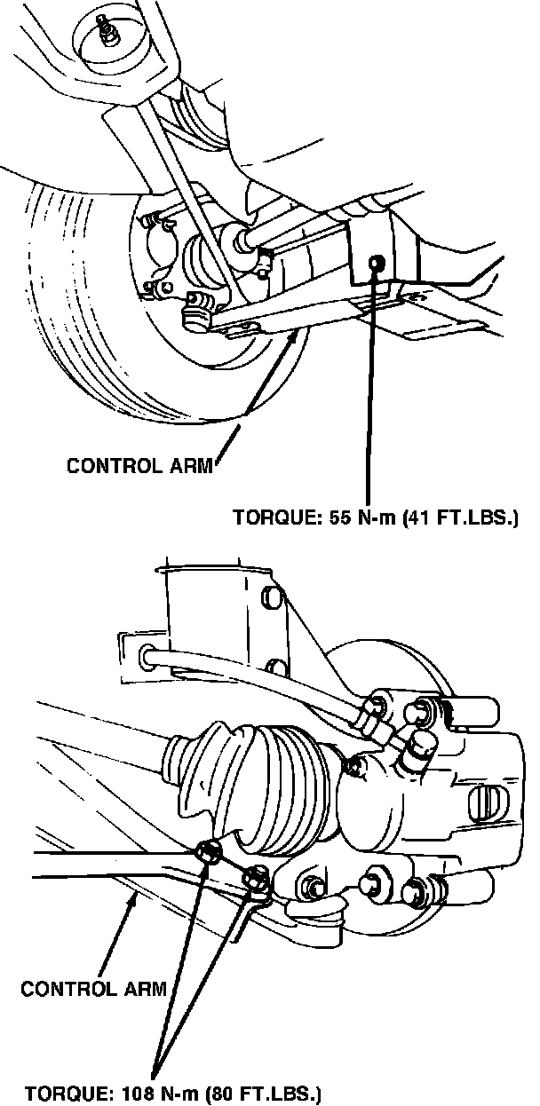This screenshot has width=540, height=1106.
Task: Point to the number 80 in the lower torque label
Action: coord(219,1091)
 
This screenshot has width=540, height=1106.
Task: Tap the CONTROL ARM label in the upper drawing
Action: coord(140,466)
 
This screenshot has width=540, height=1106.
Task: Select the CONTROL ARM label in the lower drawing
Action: coord(94,988)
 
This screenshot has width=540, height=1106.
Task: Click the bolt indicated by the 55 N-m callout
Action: coord(377,263)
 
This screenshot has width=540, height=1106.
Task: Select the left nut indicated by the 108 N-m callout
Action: coord(210,853)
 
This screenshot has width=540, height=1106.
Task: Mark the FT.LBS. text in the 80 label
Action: coord(277,1091)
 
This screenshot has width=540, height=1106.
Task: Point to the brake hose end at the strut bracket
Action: coord(147,656)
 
